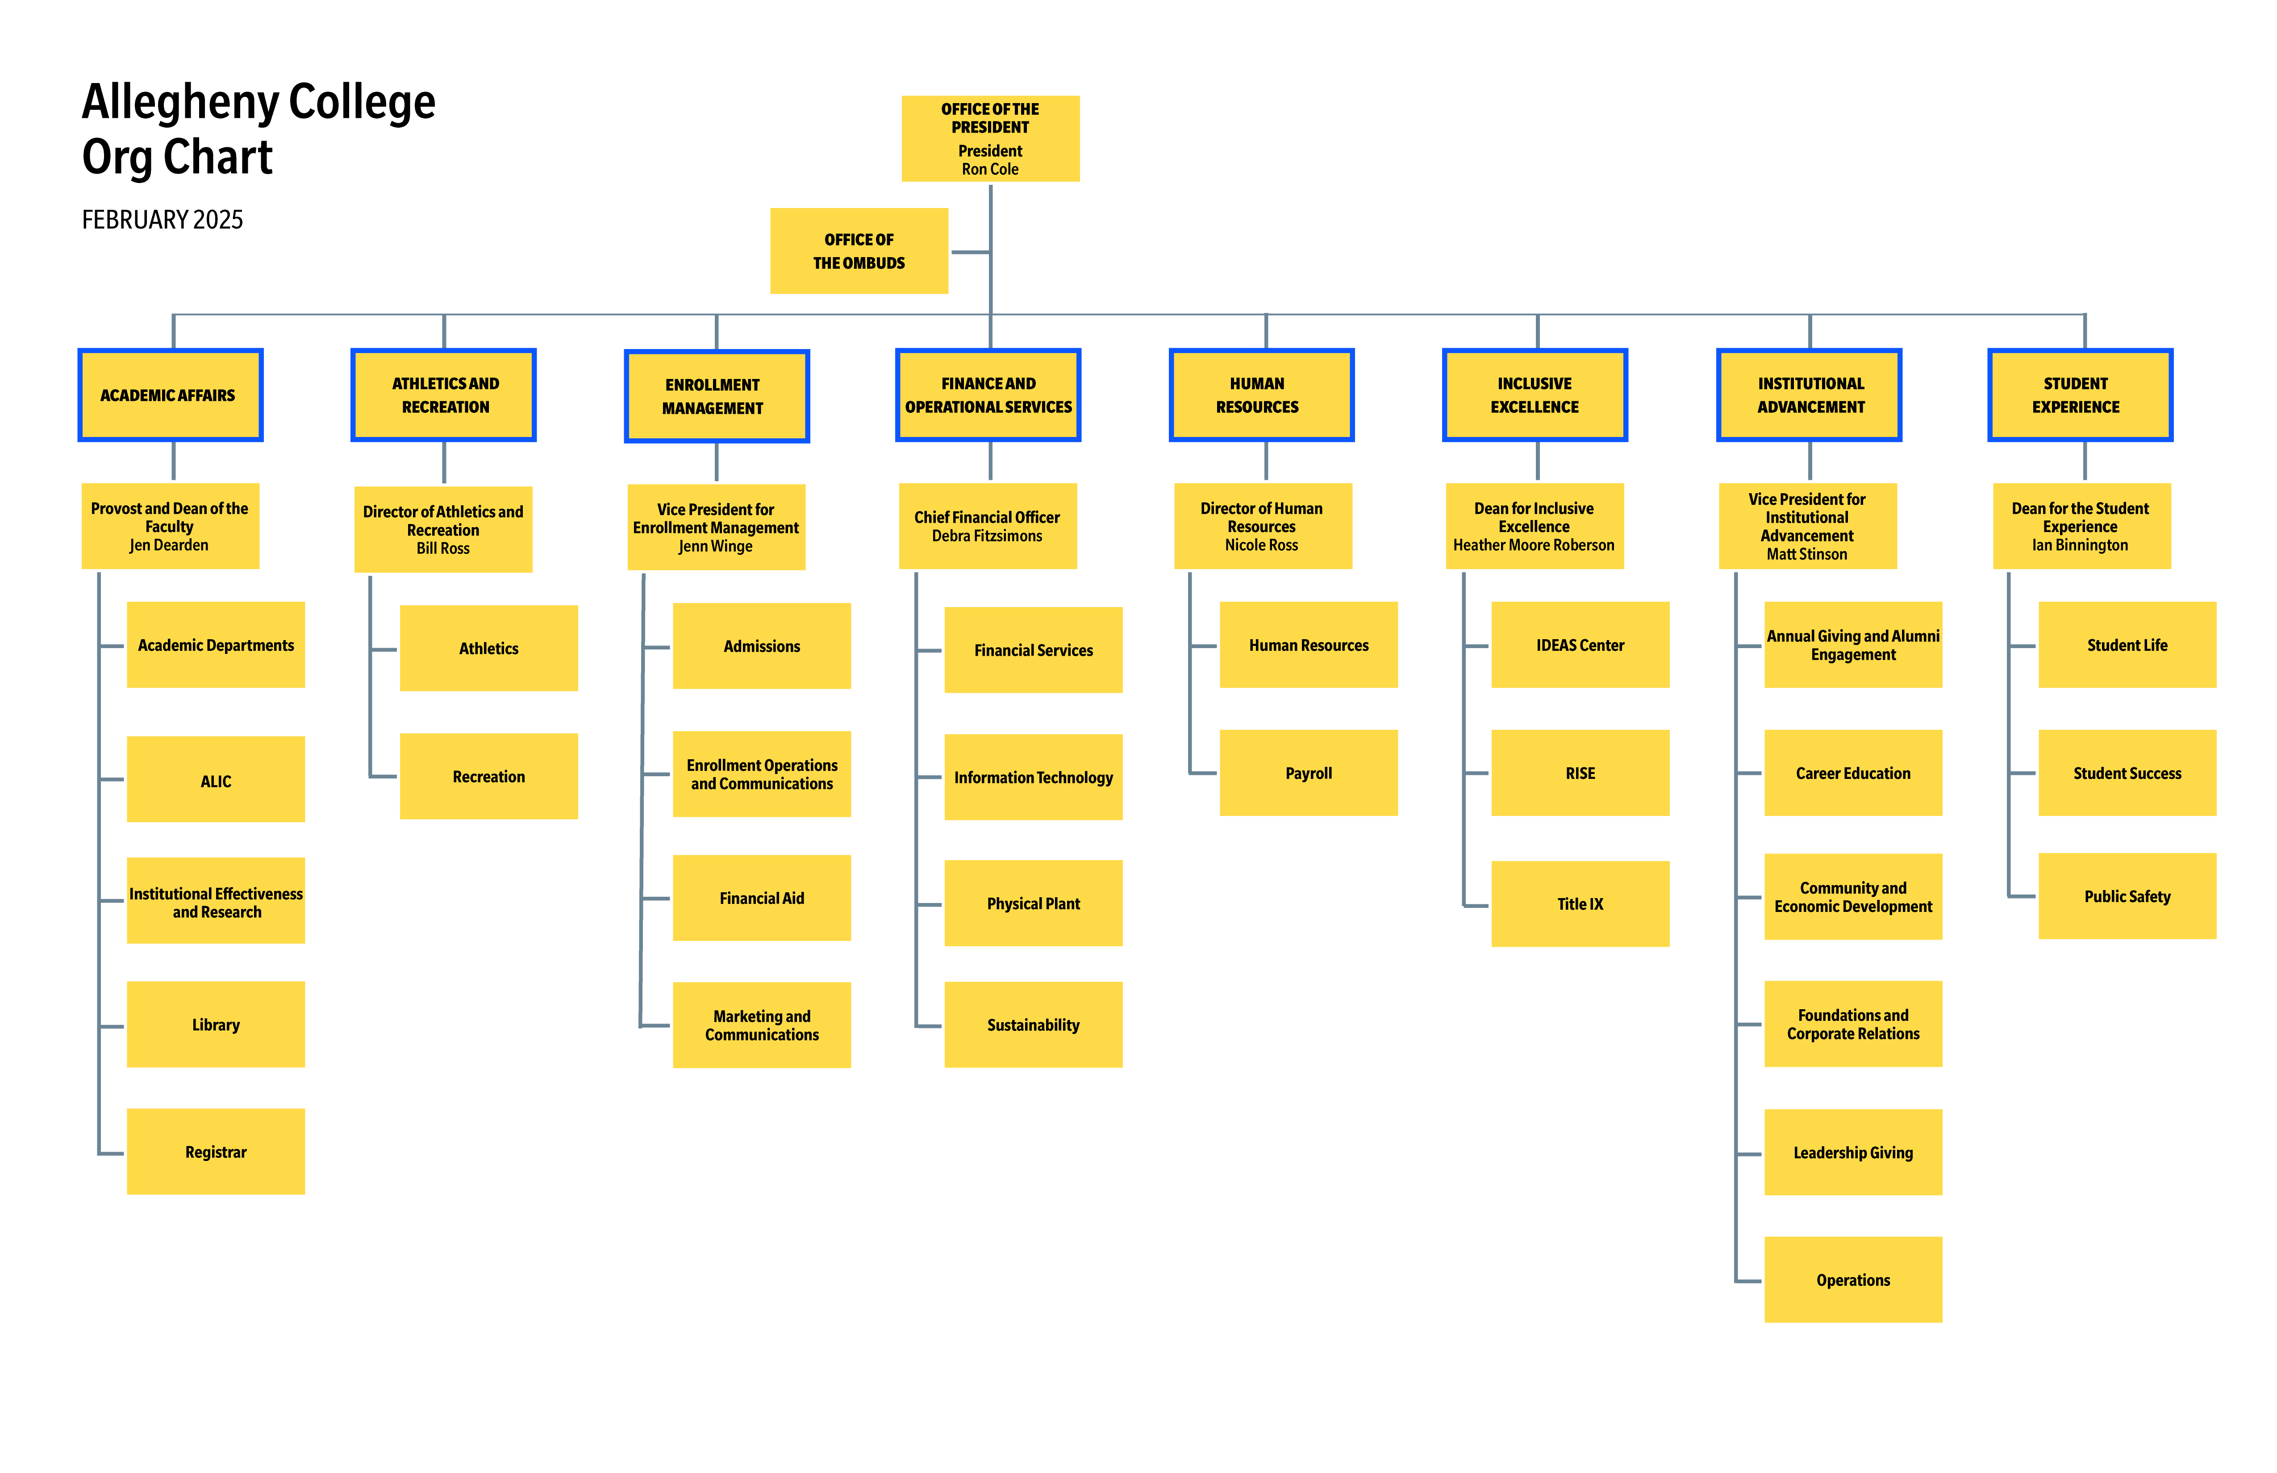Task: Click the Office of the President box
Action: click(x=990, y=139)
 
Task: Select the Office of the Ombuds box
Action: click(x=859, y=250)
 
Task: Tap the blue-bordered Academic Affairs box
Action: click(x=170, y=395)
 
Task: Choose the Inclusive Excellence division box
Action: click(x=1535, y=395)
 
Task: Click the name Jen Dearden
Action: click(x=169, y=545)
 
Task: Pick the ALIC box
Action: click(x=216, y=779)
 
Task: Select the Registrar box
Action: click(x=216, y=1152)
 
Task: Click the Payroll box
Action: click(x=1309, y=773)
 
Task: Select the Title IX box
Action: click(x=1581, y=904)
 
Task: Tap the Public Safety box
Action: click(x=2128, y=896)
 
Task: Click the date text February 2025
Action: click(x=163, y=220)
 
